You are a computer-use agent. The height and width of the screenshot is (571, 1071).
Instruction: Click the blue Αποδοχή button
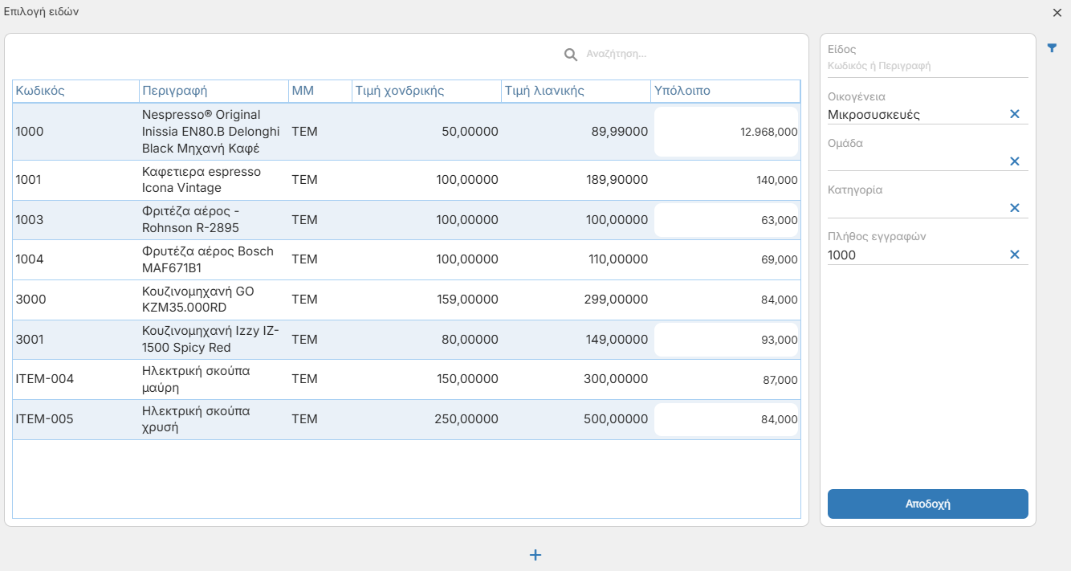927,504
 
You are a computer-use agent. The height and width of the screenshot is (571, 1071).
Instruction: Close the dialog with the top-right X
1057,13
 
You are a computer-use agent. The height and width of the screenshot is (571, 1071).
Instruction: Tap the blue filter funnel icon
1052,48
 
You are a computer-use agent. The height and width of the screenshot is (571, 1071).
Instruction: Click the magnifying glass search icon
570,54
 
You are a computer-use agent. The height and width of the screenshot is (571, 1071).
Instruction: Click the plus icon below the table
535,555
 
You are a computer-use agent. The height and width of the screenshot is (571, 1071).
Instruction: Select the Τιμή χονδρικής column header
400,91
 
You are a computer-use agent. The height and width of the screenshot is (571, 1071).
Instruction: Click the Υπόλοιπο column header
682,91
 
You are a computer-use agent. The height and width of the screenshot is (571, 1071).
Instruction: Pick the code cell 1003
29,219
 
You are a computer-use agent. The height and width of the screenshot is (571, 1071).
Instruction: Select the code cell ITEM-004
44,379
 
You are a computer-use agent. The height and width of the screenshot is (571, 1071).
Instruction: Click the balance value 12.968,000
769,132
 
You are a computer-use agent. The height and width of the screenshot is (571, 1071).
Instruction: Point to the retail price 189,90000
617,180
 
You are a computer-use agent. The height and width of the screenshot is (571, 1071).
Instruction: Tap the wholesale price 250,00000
466,419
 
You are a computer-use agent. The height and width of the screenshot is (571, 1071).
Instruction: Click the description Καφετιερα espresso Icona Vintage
202,180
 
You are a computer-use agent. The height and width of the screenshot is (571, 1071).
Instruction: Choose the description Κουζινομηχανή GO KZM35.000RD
198,300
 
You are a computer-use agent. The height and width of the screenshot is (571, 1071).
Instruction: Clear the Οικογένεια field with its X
1015,114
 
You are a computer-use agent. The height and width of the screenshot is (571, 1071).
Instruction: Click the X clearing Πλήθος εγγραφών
1015,255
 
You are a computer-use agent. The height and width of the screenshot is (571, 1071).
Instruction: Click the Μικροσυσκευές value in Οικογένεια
873,115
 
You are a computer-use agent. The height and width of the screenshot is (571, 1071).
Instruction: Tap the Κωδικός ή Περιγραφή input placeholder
879,66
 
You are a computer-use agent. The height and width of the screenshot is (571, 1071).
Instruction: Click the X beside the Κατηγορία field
1015,207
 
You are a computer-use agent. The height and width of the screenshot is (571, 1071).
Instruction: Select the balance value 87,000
780,380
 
